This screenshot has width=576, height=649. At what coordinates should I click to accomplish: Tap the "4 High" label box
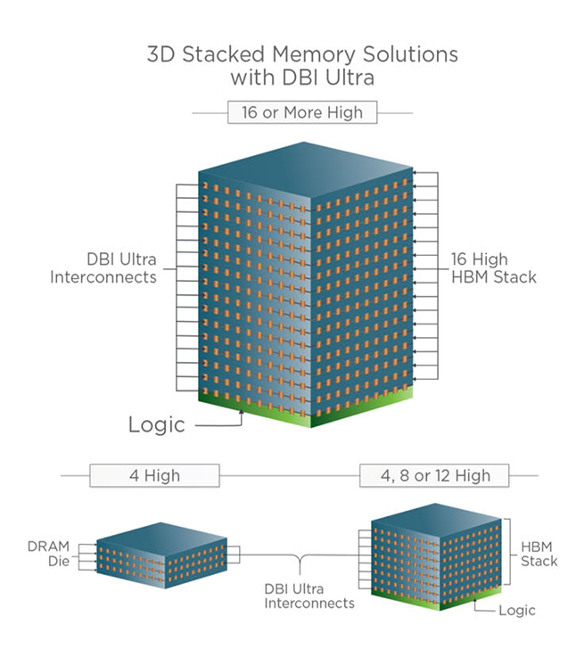click(153, 474)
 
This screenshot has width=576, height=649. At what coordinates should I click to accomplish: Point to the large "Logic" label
click(156, 424)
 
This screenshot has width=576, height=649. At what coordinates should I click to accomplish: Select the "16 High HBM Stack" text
click(492, 268)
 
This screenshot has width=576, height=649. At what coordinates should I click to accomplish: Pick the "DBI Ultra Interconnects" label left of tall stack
click(120, 268)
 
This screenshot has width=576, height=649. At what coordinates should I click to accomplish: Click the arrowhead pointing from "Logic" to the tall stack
click(242, 417)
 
